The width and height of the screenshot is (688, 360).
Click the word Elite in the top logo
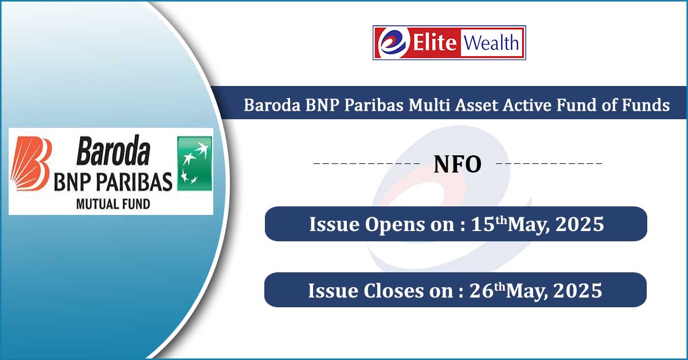coord(435,42)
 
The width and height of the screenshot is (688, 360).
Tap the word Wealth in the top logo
coord(491,42)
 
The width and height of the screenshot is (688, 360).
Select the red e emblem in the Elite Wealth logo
coord(394,42)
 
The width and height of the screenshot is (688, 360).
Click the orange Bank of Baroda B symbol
coord(30,163)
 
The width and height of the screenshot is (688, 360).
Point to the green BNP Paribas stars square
coord(195,163)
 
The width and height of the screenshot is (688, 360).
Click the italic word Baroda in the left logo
coord(114,151)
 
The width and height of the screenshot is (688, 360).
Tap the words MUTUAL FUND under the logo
coord(113,204)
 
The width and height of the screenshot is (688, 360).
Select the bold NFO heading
coord(458,165)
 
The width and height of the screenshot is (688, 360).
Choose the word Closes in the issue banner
coord(394,291)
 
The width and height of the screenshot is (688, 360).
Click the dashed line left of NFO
coord(366,163)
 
